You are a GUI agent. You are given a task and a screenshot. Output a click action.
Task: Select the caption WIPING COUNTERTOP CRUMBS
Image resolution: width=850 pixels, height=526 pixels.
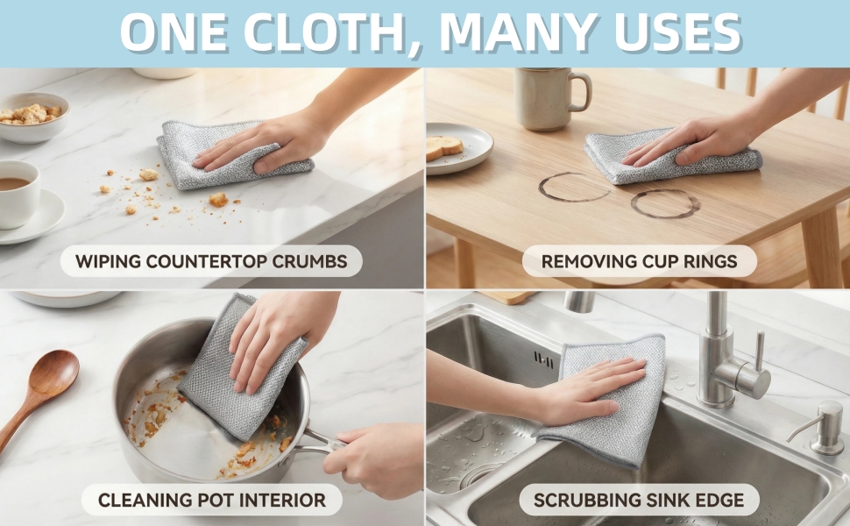[x=211, y=261]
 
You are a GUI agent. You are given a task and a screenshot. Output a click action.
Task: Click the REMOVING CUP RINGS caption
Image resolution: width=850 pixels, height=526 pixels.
[x=639, y=261]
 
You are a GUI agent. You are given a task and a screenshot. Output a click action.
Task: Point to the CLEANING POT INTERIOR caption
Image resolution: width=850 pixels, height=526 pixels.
[x=212, y=500]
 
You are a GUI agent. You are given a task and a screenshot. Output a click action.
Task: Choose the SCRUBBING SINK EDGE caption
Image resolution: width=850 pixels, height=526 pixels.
[x=639, y=500]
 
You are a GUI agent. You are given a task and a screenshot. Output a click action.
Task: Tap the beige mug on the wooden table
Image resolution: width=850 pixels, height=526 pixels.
[x=549, y=99]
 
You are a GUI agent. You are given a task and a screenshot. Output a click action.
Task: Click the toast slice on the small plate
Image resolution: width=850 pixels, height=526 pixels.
[x=444, y=147]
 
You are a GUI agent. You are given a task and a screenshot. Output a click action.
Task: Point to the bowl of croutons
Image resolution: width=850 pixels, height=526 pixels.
[x=33, y=117]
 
